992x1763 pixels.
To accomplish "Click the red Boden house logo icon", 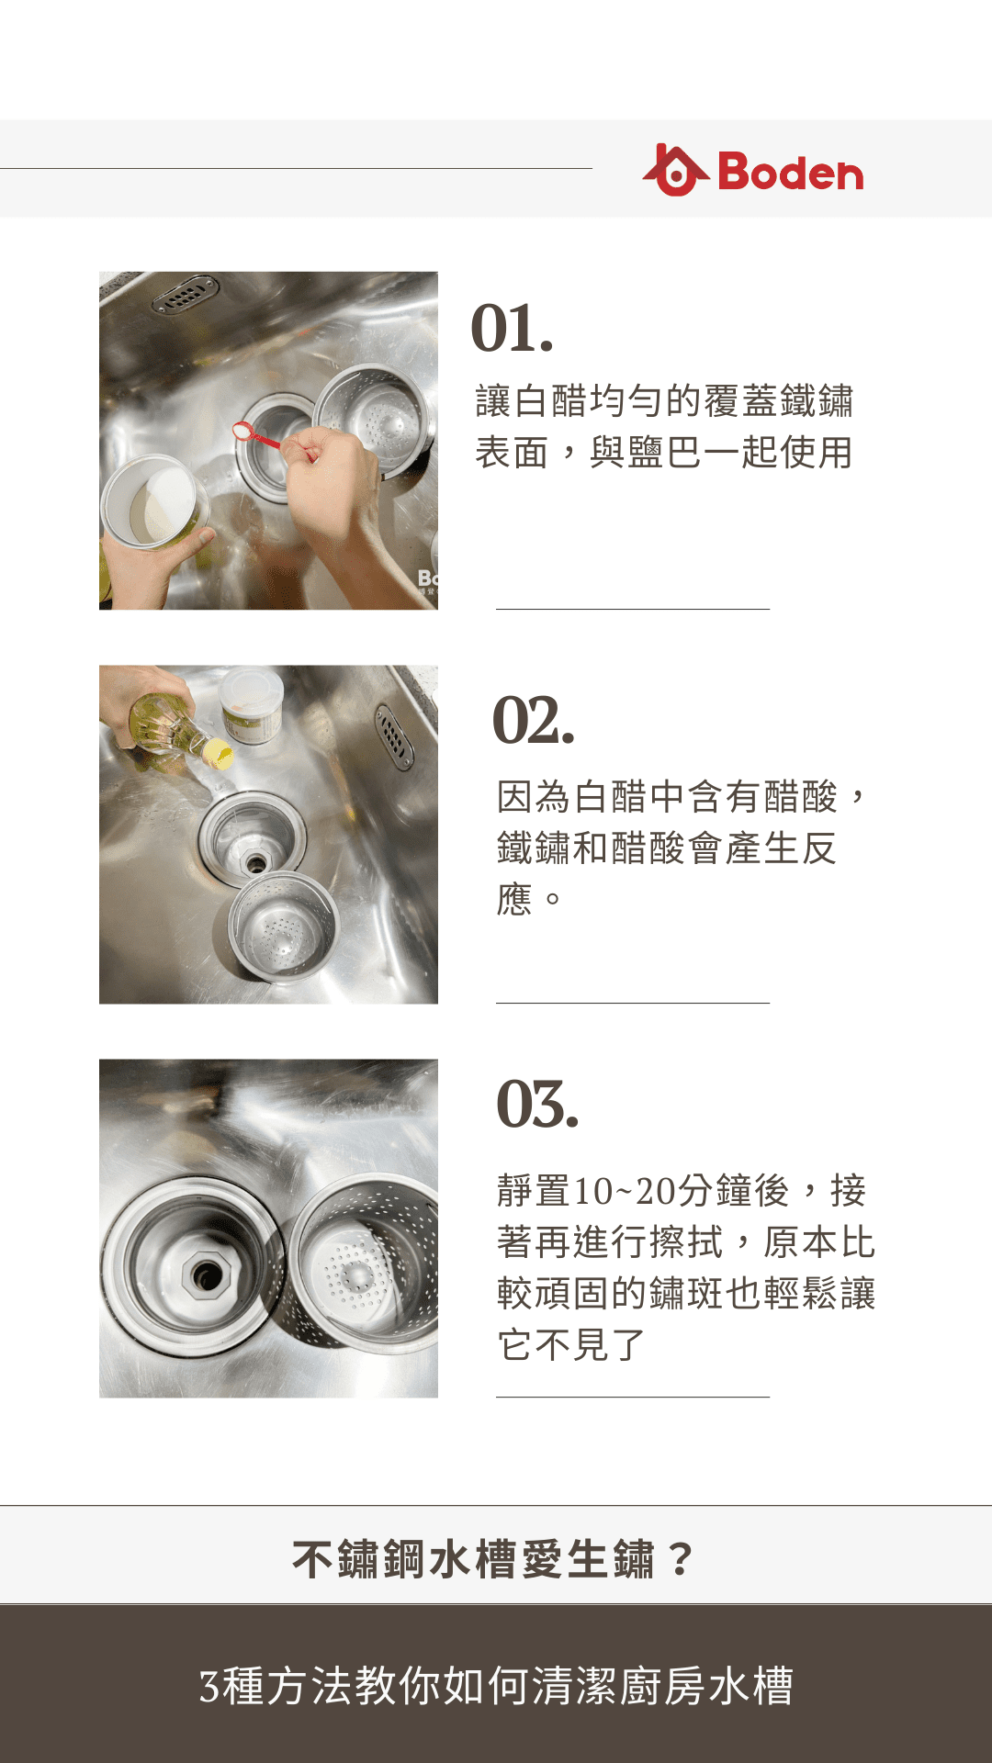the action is tap(675, 171).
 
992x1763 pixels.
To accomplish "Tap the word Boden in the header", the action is tap(791, 173).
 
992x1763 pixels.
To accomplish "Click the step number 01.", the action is tap(512, 329).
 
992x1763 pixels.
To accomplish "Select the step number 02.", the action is tap(534, 720).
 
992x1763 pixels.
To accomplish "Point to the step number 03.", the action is tap(537, 1104).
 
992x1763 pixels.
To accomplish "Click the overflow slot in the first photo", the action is tap(185, 295).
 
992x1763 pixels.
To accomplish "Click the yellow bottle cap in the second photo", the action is tap(219, 754).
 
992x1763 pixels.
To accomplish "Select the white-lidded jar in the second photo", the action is tap(252, 706).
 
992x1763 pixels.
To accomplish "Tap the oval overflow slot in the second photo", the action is tap(394, 736).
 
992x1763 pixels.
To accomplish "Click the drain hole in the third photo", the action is tap(207, 1275).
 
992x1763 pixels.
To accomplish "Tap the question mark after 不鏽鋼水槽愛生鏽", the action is tap(681, 1559).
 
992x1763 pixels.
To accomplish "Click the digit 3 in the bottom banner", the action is tap(209, 1687).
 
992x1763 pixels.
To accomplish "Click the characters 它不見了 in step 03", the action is tap(571, 1345).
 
